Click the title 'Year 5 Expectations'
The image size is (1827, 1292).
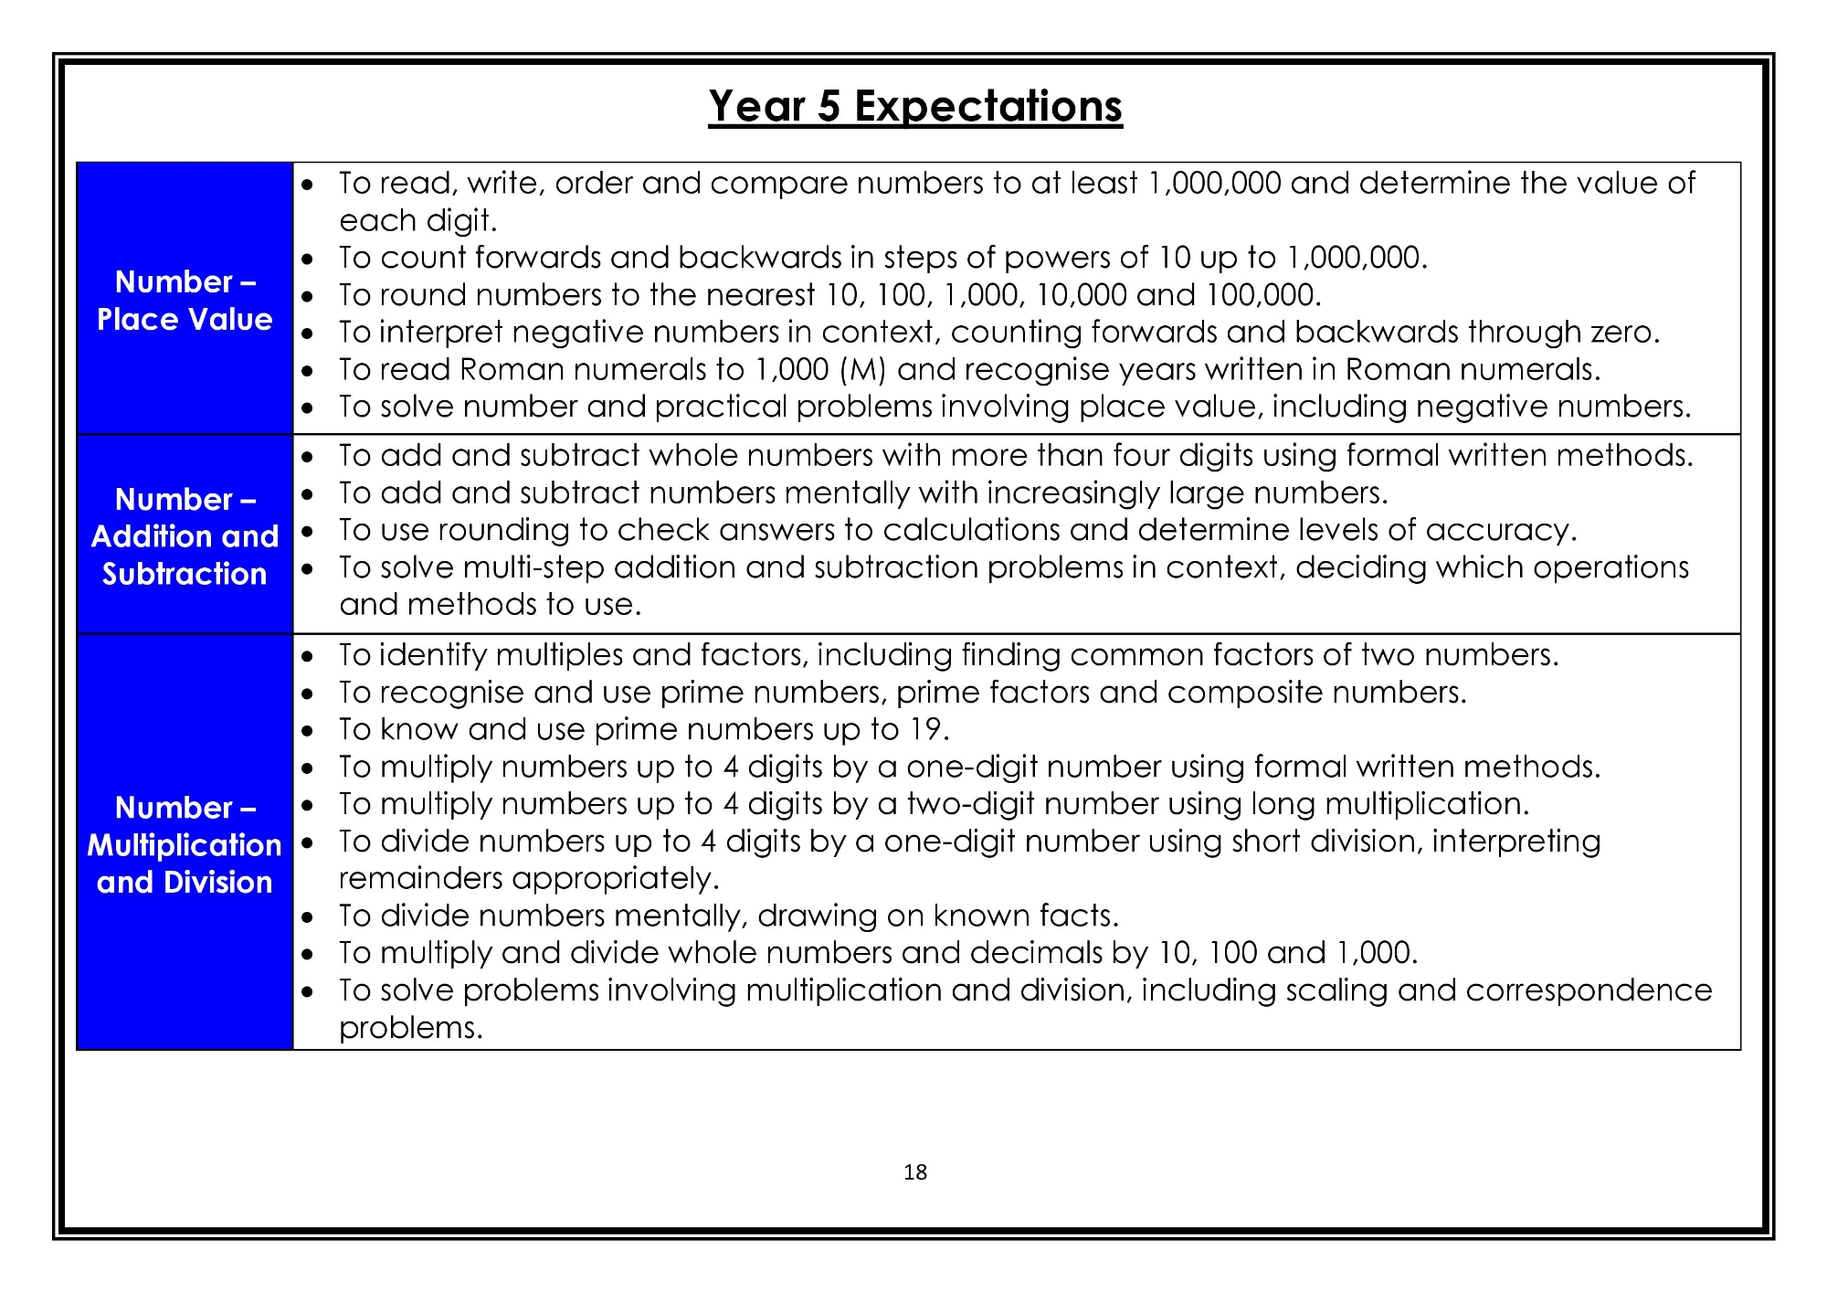pyautogui.click(x=914, y=106)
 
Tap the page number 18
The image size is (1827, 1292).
pyautogui.click(x=914, y=1172)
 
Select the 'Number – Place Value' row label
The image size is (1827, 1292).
pyautogui.click(x=185, y=300)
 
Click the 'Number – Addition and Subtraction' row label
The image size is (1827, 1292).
pyautogui.click(x=185, y=536)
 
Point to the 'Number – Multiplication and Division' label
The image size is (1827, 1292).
pyautogui.click(x=185, y=844)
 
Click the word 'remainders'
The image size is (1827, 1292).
pyautogui.click(x=421, y=879)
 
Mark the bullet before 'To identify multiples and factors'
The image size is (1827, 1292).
pyautogui.click(x=308, y=656)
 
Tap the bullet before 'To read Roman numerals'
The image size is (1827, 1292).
pyautogui.click(x=308, y=371)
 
